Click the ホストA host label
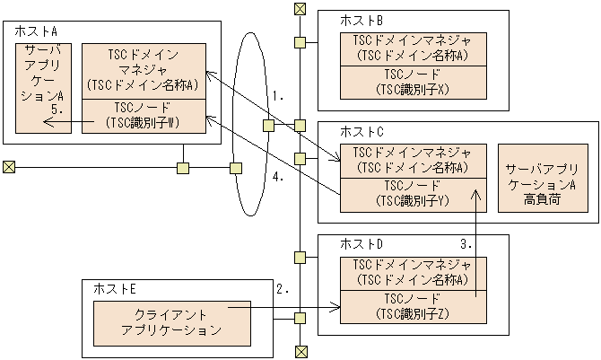pos(33,31)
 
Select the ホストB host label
pos(361,20)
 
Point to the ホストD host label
pos(361,244)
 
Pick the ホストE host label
pos(115,288)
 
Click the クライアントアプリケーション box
pos(170,322)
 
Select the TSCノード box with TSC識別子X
pos(412,81)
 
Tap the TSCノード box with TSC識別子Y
pos(412,193)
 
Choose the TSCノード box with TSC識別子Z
pos(412,305)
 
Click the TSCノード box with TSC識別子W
pos(143,115)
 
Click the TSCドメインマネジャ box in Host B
pos(412,48)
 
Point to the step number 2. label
pos(283,289)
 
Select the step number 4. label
pos(279,177)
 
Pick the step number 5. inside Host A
pos(57,109)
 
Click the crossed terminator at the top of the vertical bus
pos(300,10)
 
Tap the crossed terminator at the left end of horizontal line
pos(9,167)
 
